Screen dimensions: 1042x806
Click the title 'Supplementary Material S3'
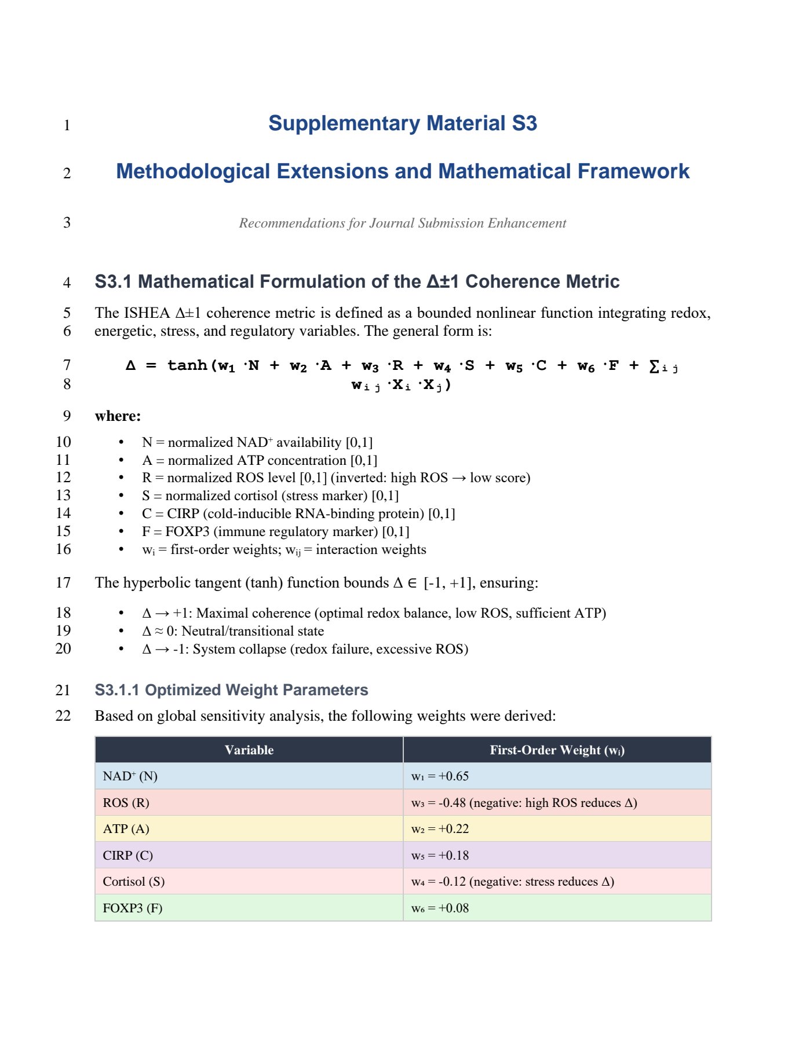[402, 123]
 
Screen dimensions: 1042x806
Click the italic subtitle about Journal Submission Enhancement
[402, 223]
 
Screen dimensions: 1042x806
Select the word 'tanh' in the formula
[187, 365]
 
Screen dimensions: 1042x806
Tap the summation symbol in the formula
[654, 366]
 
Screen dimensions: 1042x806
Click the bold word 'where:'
[118, 416]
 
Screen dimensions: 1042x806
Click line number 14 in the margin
[63, 513]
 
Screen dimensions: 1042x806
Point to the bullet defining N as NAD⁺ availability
[257, 442]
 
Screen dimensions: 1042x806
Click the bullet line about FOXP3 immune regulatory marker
[275, 531]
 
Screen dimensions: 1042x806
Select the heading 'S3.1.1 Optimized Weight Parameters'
[231, 690]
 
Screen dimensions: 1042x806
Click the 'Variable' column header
[249, 750]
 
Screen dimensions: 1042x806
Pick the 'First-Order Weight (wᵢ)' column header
[557, 750]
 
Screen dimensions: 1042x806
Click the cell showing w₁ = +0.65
[440, 776]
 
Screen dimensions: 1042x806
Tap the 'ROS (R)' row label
[126, 803]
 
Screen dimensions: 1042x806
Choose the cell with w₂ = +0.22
[440, 829]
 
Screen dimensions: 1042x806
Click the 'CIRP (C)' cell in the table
[127, 855]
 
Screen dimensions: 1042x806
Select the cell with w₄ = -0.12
[512, 882]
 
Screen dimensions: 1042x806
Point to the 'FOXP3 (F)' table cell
[132, 908]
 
